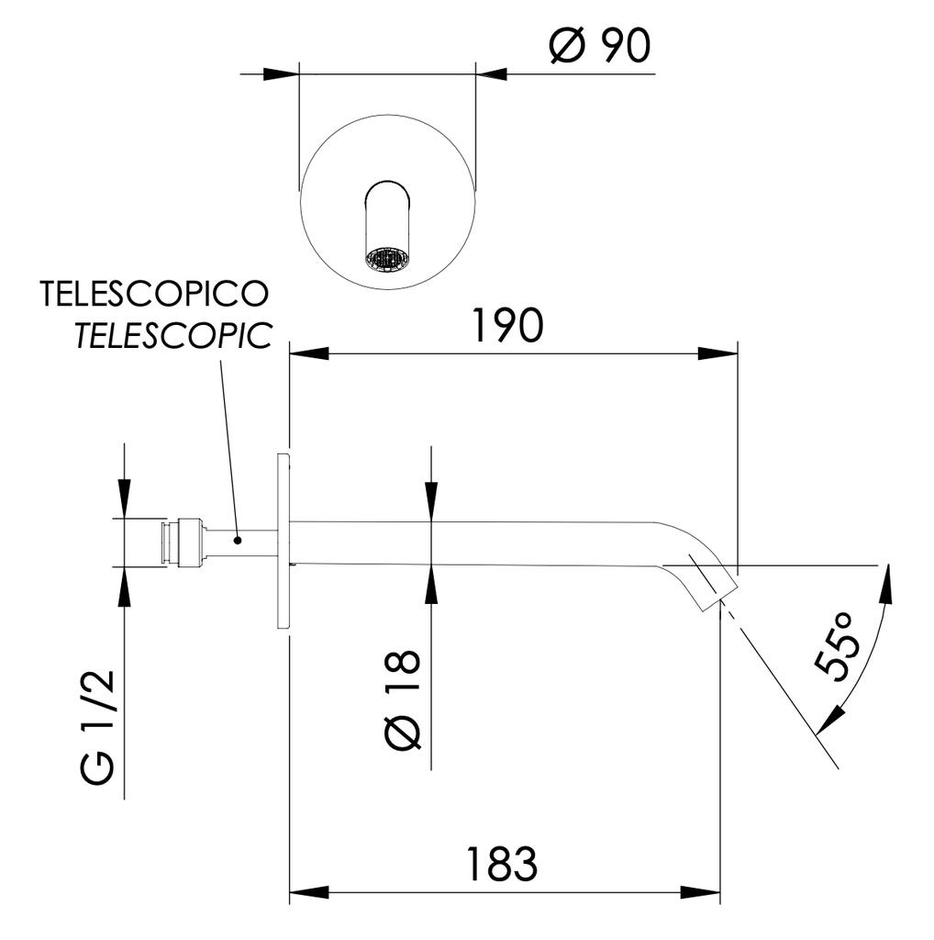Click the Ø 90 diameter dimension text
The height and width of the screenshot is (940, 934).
point(600,45)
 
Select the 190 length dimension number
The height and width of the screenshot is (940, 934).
point(506,325)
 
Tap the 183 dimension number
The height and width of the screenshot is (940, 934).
point(500,864)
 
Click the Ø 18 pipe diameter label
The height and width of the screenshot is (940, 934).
point(401,698)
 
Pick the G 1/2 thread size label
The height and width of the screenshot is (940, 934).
point(98,726)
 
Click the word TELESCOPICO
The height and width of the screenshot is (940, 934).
point(154,294)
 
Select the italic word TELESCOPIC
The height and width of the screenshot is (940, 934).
point(173,336)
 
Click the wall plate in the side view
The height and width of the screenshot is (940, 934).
point(283,541)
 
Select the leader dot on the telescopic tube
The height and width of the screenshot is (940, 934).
point(237,540)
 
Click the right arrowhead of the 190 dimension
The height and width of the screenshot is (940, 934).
point(719,353)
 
